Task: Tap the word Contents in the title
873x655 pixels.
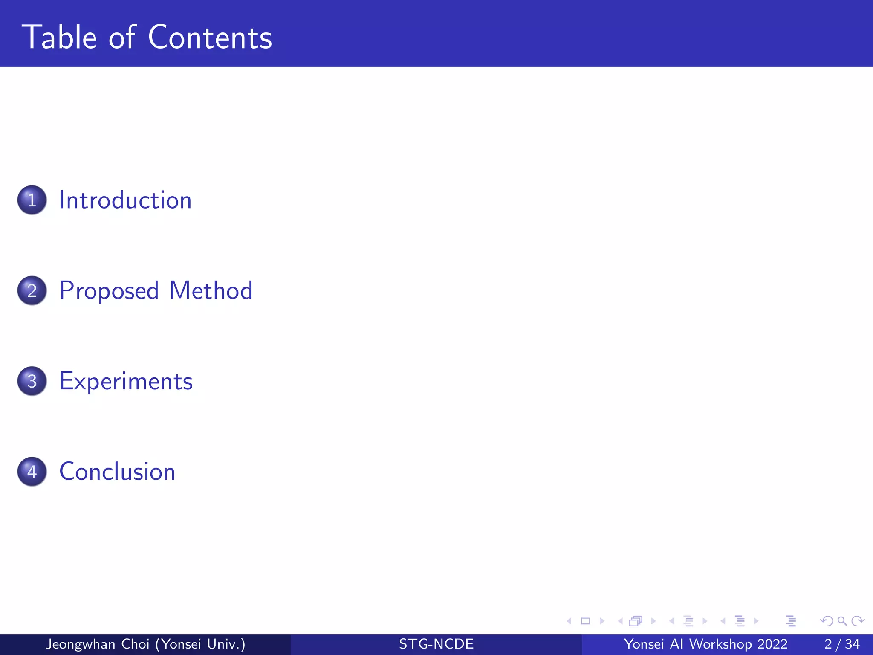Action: pos(210,38)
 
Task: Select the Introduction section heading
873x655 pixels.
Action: pos(125,200)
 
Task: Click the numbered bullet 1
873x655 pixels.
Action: pos(32,200)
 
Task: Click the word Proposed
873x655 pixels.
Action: pos(109,291)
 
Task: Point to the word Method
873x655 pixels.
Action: pos(211,290)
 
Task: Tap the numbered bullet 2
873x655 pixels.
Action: pos(32,290)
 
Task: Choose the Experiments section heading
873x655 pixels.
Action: pos(126,381)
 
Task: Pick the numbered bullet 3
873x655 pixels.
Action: pos(32,381)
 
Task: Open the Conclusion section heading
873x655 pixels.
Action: pos(117,472)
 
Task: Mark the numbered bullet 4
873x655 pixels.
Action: pos(32,472)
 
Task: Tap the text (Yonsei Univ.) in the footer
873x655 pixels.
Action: pos(200,644)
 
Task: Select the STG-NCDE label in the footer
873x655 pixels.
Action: pos(436,644)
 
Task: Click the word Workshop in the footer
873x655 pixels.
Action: pos(720,644)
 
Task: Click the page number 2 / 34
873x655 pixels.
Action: pos(842,644)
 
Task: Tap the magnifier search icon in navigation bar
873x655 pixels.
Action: pos(842,621)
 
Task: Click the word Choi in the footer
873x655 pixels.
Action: pos(135,644)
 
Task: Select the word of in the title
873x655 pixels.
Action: pos(122,38)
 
